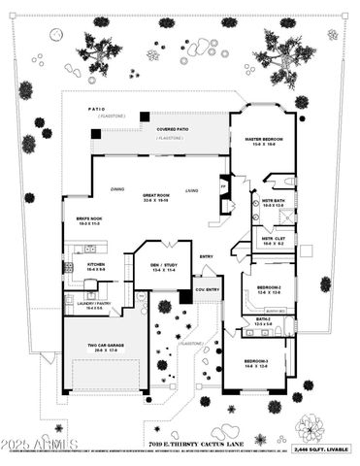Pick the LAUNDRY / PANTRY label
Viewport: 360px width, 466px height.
pyautogui.click(x=84, y=303)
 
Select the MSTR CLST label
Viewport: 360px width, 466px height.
pyautogui.click(x=273, y=238)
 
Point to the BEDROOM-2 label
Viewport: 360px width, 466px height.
pyautogui.click(x=270, y=288)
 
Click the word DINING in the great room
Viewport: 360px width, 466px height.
pyautogui.click(x=116, y=189)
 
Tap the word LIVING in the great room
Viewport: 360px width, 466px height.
pyautogui.click(x=192, y=190)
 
